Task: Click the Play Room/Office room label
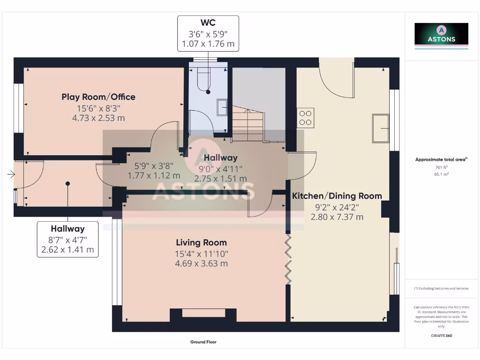(98, 97)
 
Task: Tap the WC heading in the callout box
(208, 22)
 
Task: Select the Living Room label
(202, 242)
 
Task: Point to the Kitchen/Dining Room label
(337, 196)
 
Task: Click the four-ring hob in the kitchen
(306, 118)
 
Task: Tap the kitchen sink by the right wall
(381, 128)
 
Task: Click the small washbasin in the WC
(222, 107)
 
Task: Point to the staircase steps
(248, 123)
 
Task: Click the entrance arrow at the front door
(11, 174)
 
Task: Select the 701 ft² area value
(442, 167)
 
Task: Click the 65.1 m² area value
(442, 174)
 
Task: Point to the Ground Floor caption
(203, 342)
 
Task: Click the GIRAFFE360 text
(442, 336)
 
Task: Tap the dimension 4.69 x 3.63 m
(202, 263)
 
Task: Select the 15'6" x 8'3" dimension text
(98, 108)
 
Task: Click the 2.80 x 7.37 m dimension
(337, 217)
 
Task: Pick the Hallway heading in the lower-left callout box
(67, 229)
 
